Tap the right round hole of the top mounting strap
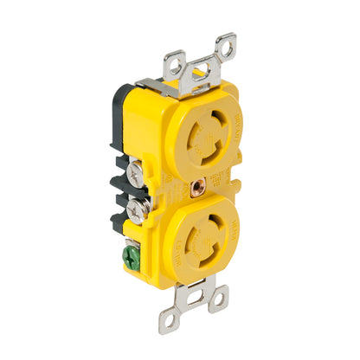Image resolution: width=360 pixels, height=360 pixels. click(227, 42)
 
